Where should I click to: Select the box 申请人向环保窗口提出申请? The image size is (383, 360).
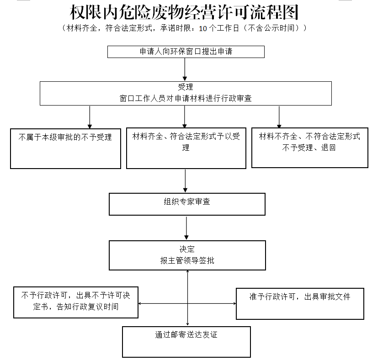(x=186, y=52)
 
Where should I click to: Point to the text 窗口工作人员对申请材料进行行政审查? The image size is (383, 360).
(x=186, y=98)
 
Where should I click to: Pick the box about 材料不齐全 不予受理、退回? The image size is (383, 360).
(x=309, y=148)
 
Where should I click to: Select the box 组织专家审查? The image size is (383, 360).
(x=186, y=204)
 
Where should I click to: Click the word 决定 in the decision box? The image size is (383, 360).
(x=187, y=249)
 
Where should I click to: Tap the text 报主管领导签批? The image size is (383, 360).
(x=187, y=261)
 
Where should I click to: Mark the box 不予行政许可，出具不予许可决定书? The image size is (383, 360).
(x=75, y=302)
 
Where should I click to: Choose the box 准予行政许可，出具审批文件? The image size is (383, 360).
(x=300, y=303)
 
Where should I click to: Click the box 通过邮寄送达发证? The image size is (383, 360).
(x=186, y=341)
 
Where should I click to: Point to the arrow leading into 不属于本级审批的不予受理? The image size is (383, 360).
(x=90, y=117)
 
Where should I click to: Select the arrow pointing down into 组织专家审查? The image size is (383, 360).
(x=185, y=181)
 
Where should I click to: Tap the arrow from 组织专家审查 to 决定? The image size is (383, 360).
(x=186, y=228)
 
